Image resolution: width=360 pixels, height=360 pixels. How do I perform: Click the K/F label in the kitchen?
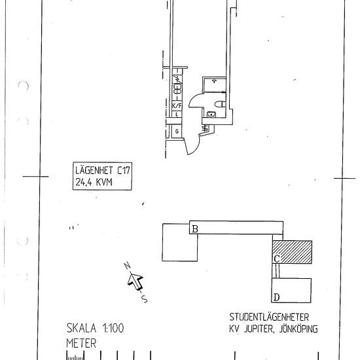(176, 105)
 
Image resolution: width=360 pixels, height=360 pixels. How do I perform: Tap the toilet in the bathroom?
(221, 104)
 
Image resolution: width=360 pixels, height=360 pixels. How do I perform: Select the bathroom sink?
(210, 115)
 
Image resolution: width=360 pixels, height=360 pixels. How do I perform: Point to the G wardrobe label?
(177, 131)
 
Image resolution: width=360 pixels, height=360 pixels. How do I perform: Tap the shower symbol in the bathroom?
(214, 81)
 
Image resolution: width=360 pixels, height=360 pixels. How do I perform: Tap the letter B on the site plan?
(194, 228)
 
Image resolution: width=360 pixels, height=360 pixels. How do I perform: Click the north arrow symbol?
(135, 281)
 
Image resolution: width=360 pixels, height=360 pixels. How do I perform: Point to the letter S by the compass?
(144, 300)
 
